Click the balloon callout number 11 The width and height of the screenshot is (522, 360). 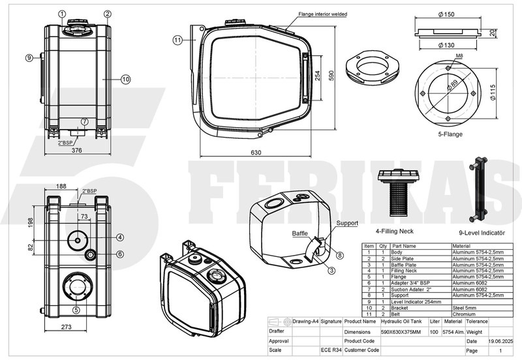tap(177, 40)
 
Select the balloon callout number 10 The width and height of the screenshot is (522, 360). tap(126, 79)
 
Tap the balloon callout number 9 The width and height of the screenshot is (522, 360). tap(29, 58)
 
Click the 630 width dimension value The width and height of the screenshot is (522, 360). tap(255, 153)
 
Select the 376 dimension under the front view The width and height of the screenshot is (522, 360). tap(76, 150)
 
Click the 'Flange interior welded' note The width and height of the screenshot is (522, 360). tap(322, 14)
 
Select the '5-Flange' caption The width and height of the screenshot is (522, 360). tap(451, 136)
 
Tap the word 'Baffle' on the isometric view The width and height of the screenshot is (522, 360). tap(299, 233)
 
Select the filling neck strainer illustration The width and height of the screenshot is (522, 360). tap(397, 192)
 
